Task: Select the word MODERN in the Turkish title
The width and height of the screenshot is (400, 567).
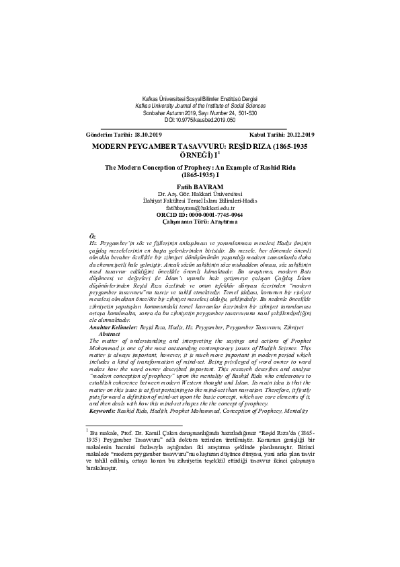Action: point(110,145)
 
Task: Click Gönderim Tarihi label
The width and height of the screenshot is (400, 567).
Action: point(110,135)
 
